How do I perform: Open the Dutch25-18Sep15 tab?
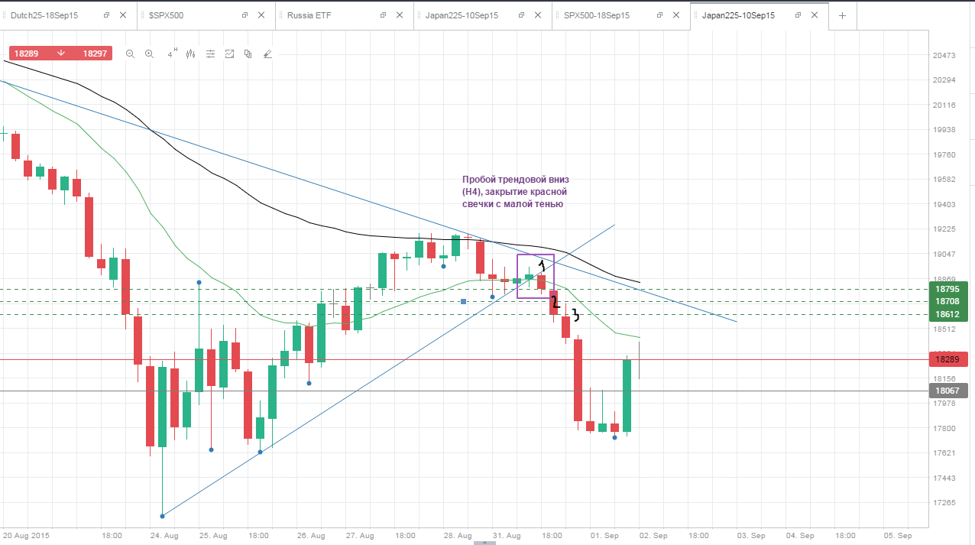tap(44, 16)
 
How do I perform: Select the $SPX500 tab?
tap(166, 16)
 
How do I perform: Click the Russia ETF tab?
tap(309, 16)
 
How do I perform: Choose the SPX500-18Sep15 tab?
tap(596, 16)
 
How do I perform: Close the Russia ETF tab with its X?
tap(400, 15)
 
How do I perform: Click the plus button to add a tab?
tap(842, 16)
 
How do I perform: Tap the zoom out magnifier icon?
tap(130, 54)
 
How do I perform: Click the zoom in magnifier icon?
tap(149, 54)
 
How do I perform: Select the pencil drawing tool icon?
tap(267, 54)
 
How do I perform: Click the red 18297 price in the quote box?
tap(95, 54)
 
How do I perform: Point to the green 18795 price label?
tap(947, 289)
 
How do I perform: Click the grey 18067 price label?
tap(947, 391)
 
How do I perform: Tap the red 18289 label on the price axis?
tap(947, 359)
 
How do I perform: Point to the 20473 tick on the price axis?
tap(944, 55)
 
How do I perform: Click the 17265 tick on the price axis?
tap(944, 502)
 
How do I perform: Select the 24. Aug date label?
tap(164, 535)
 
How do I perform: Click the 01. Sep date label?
tap(604, 535)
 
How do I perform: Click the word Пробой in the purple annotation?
tap(478, 180)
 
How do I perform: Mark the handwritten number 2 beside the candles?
tap(555, 302)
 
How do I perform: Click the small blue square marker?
tap(464, 301)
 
